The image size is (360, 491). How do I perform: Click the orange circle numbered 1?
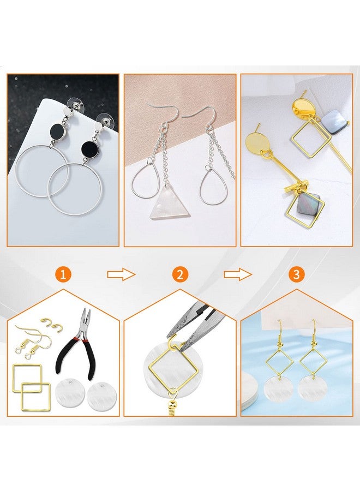(x=63, y=274)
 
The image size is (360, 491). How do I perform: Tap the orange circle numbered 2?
(x=180, y=274)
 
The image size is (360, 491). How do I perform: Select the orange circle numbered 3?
(x=296, y=274)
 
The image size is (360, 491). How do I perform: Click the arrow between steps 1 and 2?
(x=121, y=274)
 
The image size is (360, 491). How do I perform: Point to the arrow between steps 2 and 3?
(x=238, y=274)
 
